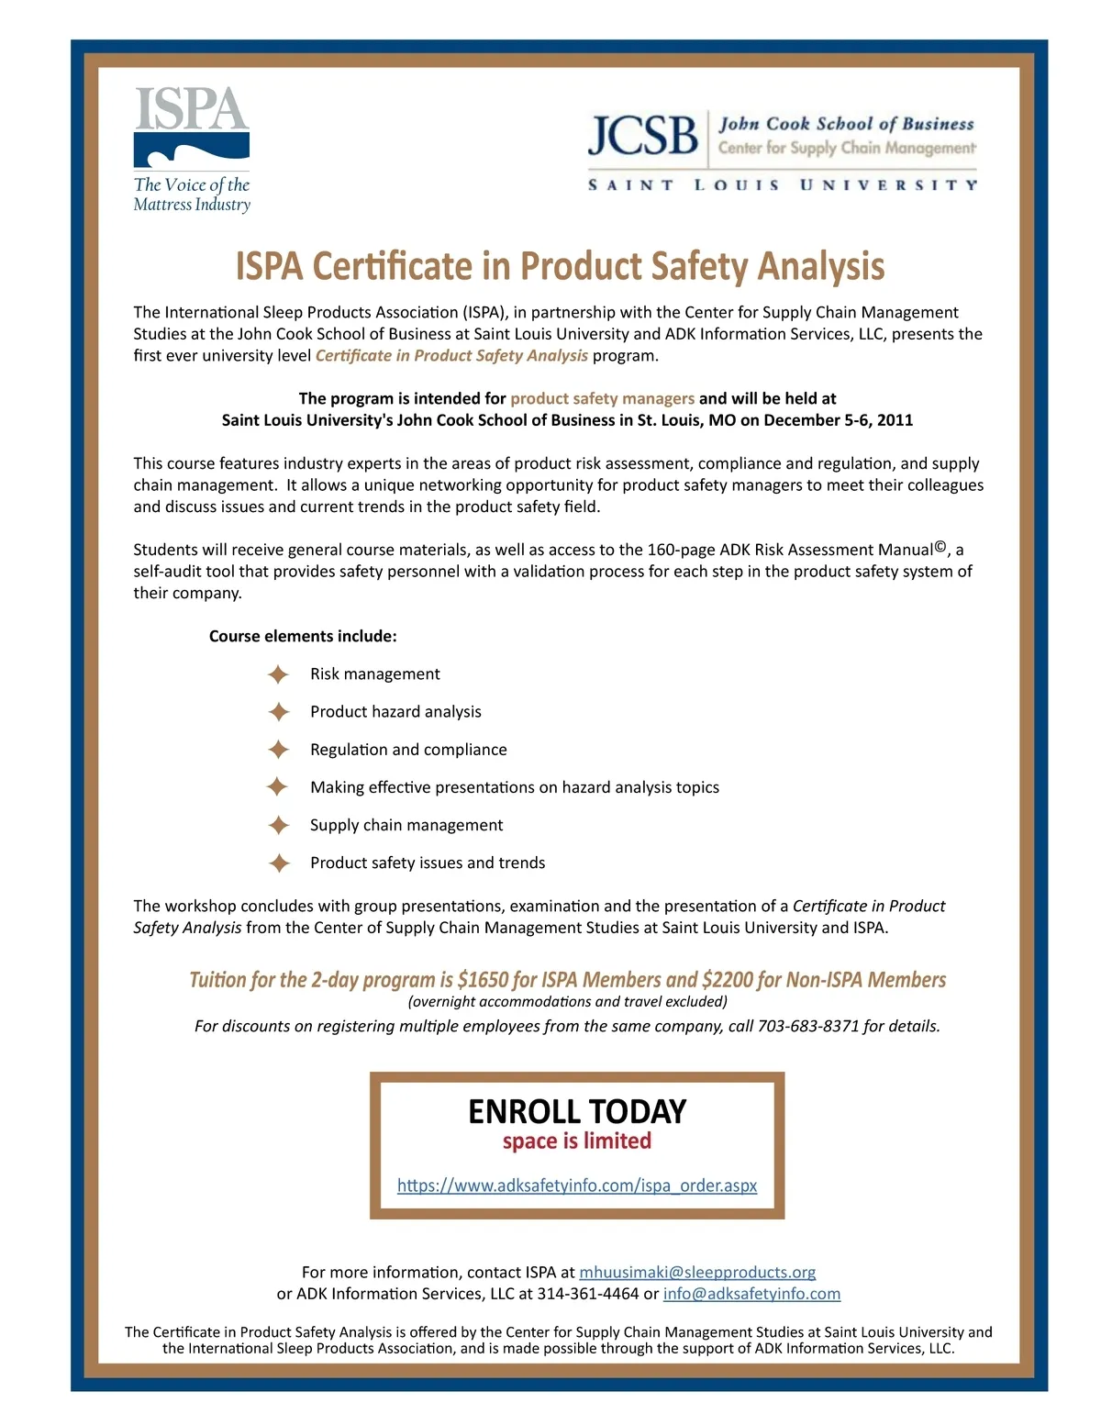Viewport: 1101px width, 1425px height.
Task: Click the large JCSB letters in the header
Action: pos(643,136)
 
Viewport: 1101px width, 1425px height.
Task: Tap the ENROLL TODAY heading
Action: pos(577,1111)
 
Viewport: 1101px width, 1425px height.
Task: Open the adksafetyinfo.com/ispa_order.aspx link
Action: pos(577,1186)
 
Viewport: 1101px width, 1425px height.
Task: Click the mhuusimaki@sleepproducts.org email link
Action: pos(697,1272)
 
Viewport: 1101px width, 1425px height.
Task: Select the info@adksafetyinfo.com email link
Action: pos(751,1294)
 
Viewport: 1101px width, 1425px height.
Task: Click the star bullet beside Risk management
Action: pos(278,674)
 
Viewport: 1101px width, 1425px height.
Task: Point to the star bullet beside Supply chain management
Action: pos(278,825)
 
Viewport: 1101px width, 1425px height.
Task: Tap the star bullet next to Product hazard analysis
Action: pos(278,712)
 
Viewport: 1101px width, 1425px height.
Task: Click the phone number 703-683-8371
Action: pos(808,1026)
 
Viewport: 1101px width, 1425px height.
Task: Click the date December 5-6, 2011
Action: pos(838,420)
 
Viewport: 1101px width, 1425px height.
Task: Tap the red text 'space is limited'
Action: pos(577,1141)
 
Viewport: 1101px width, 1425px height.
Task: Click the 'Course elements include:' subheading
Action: pos(303,636)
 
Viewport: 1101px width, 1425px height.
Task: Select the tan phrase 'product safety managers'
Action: pos(602,398)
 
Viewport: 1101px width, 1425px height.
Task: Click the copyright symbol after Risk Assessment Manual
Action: pos(940,548)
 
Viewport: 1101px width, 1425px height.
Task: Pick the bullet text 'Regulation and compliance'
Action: pos(408,750)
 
